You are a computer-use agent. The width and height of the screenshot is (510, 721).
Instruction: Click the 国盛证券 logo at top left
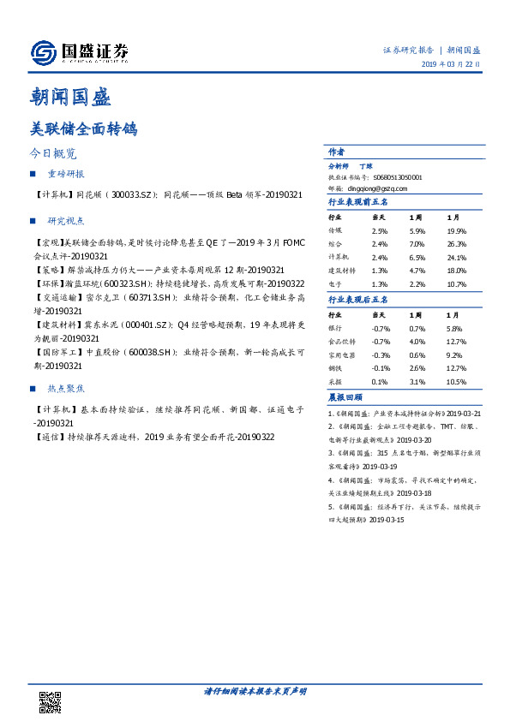pyautogui.click(x=79, y=53)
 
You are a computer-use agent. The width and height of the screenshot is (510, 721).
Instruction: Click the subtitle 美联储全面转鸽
pyautogui.click(x=83, y=129)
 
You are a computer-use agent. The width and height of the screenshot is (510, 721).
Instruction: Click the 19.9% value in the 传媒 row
pyautogui.click(x=456, y=231)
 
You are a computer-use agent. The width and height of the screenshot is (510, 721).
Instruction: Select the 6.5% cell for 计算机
pyautogui.click(x=417, y=256)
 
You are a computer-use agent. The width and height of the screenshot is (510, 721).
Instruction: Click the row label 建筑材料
pyautogui.click(x=344, y=269)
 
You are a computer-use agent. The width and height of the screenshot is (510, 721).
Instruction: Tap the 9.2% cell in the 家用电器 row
pyautogui.click(x=454, y=354)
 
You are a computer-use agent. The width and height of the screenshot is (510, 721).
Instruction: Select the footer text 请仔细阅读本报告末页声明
pyautogui.click(x=255, y=691)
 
